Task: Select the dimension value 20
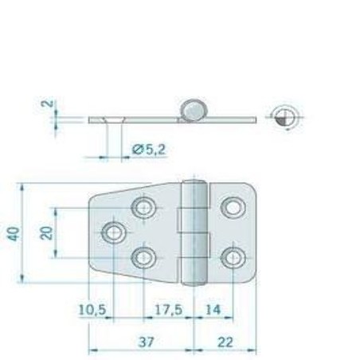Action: pyautogui.click(x=46, y=233)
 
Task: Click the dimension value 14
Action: pyautogui.click(x=213, y=309)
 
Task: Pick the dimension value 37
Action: pyautogui.click(x=145, y=342)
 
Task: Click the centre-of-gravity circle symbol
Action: pyautogui.click(x=284, y=118)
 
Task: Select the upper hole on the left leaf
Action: pyautogui.click(x=144, y=208)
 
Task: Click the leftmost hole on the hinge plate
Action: pyautogui.click(x=114, y=233)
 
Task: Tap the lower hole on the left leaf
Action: pyautogui.click(x=144, y=257)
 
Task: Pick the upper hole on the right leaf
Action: pyautogui.click(x=233, y=208)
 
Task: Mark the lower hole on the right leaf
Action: pyautogui.click(x=233, y=257)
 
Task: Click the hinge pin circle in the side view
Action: pyautogui.click(x=193, y=111)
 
